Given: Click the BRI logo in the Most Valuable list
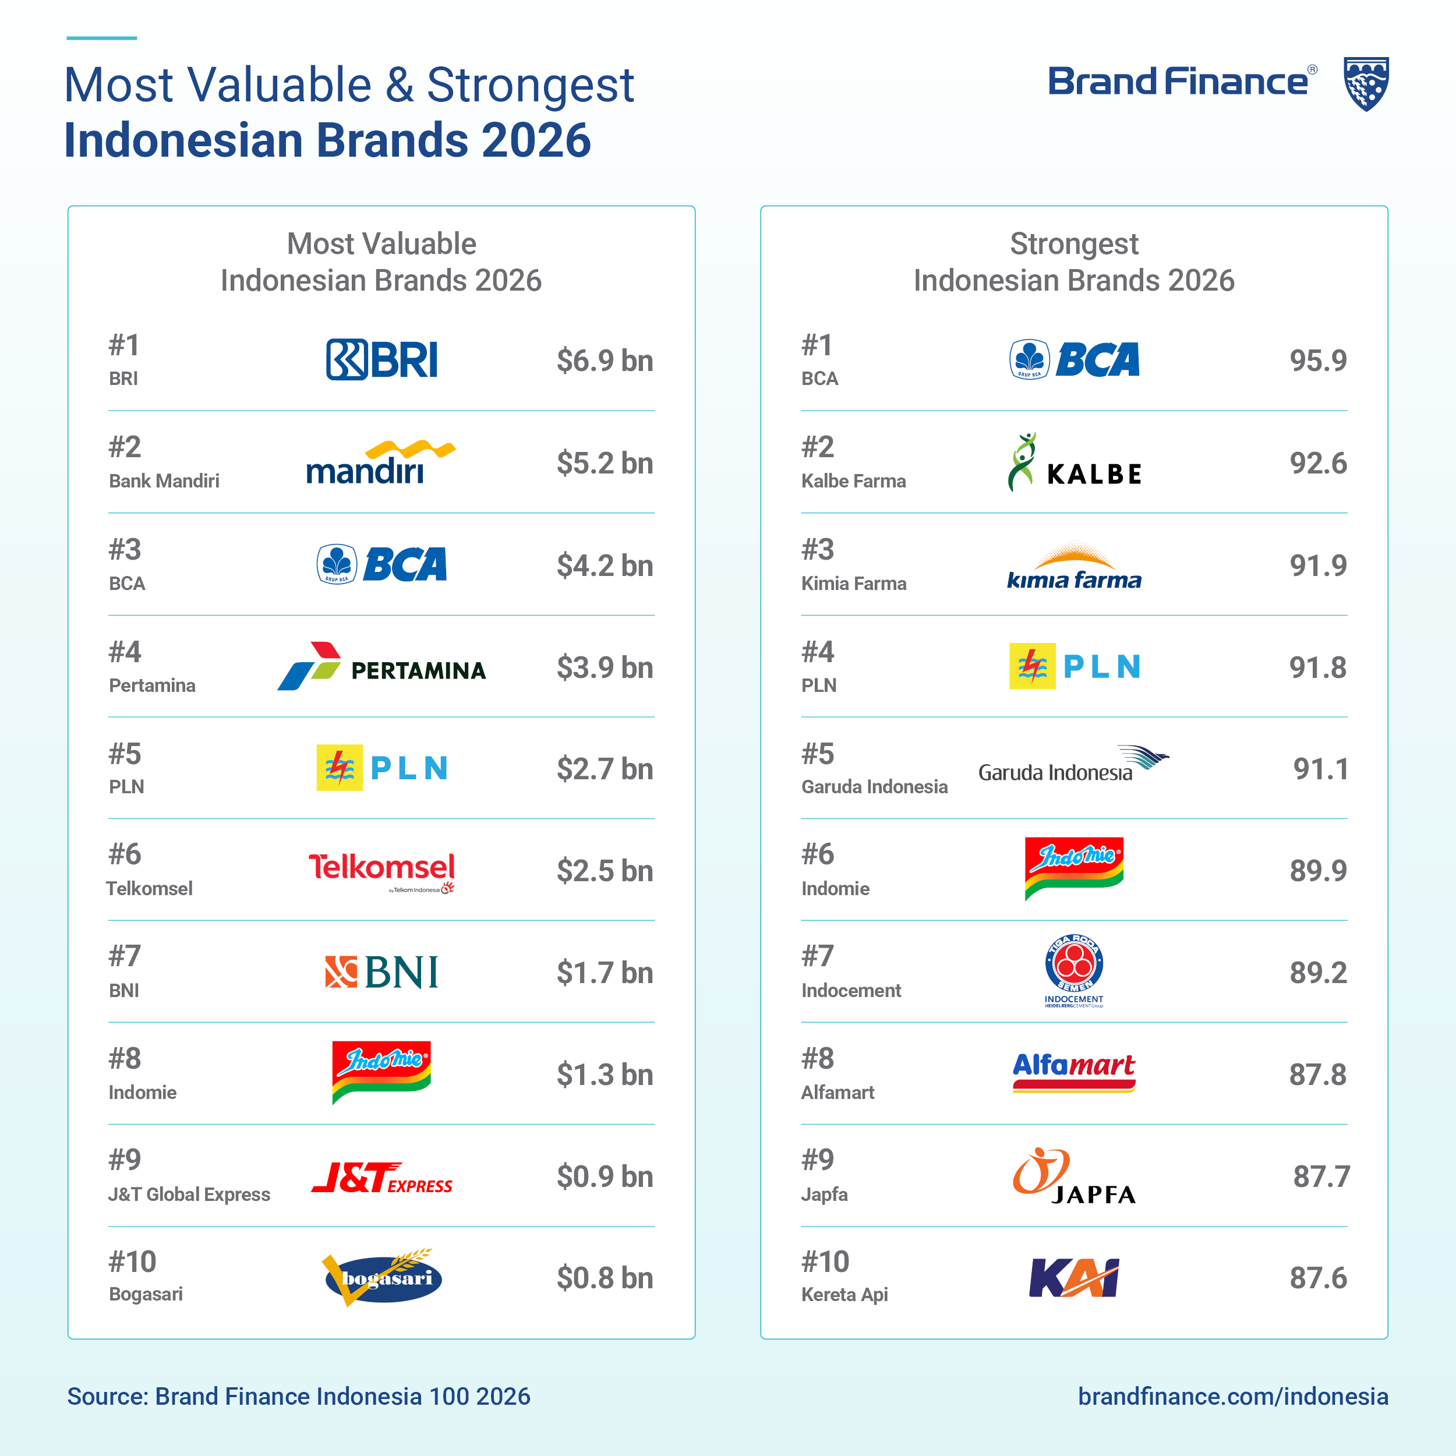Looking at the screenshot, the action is [381, 359].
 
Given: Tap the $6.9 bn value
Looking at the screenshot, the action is [605, 361].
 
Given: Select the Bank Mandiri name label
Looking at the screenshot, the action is [164, 481].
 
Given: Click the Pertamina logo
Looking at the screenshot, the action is [381, 666].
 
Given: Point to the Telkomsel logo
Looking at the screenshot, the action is [382, 872].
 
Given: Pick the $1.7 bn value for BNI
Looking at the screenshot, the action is [605, 973].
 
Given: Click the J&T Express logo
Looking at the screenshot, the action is [382, 1177].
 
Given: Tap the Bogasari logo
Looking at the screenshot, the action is [382, 1277].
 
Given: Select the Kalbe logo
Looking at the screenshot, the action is [1075, 462].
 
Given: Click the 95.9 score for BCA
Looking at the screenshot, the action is [1318, 361].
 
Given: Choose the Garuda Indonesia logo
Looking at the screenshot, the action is [1074, 764].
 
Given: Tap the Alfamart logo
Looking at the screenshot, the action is [1074, 1072].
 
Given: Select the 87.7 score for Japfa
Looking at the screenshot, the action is [1321, 1176].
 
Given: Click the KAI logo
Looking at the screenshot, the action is [1074, 1277].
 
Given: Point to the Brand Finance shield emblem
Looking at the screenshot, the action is [1366, 84].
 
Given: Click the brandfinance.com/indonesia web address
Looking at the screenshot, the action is [1233, 1397].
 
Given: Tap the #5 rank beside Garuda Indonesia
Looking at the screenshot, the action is [818, 754].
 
